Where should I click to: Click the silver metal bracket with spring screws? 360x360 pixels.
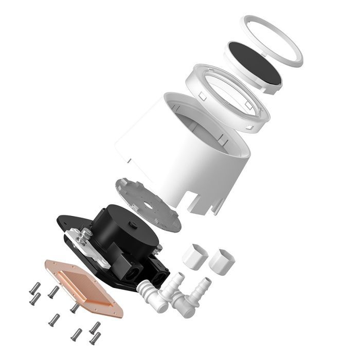87,242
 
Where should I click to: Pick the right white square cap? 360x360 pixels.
222,261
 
